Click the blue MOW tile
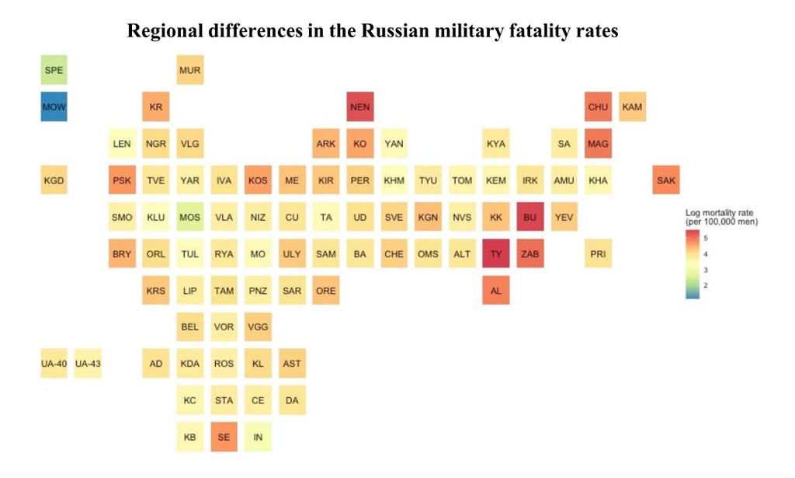(x=54, y=107)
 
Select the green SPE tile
(x=54, y=71)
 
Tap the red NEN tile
(x=360, y=107)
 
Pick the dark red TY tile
(x=496, y=254)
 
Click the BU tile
(x=530, y=218)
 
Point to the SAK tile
(x=666, y=181)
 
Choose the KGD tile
(x=54, y=181)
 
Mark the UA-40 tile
(x=54, y=364)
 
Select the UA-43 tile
(x=88, y=364)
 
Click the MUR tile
(x=189, y=71)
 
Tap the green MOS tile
(x=189, y=218)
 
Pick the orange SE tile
(x=224, y=438)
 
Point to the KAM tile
(x=632, y=107)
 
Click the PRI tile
(x=598, y=254)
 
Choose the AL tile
(x=496, y=291)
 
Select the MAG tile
(x=598, y=144)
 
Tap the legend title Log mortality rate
(x=720, y=213)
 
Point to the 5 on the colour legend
(x=706, y=236)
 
